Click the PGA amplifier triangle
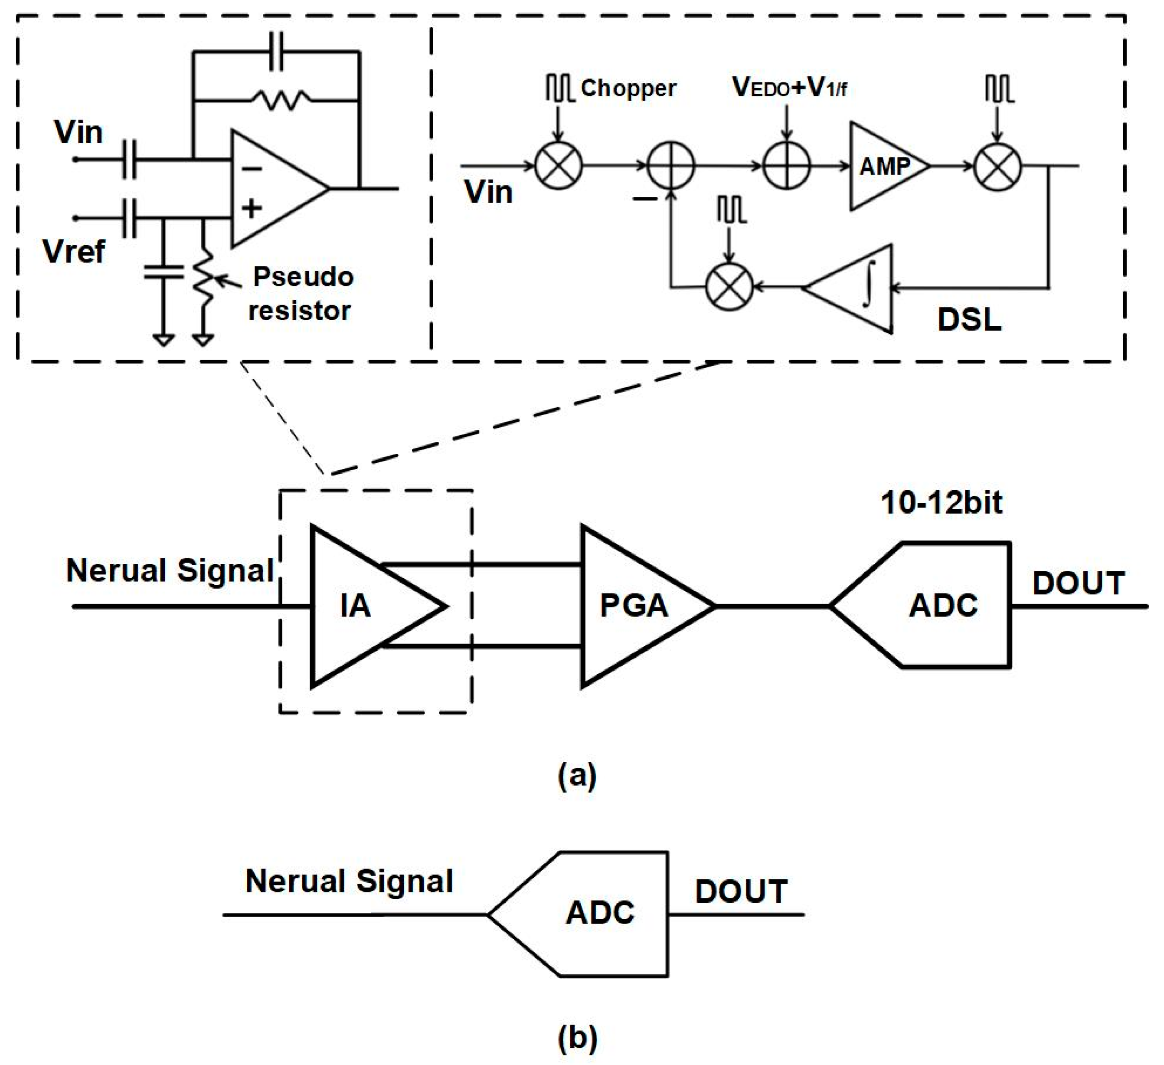point(635,606)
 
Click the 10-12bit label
point(941,502)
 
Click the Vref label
point(74,252)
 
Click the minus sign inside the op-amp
point(252,169)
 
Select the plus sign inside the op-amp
point(252,208)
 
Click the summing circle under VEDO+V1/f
point(786,166)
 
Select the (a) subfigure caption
point(577,776)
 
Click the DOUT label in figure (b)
point(741,891)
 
